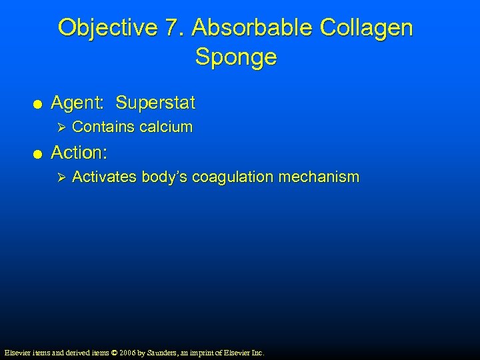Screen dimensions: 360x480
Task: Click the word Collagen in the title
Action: coord(367,28)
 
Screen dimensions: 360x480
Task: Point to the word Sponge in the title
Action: coord(236,57)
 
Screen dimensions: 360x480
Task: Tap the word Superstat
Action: coord(155,103)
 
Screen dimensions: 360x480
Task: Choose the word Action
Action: coord(79,153)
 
